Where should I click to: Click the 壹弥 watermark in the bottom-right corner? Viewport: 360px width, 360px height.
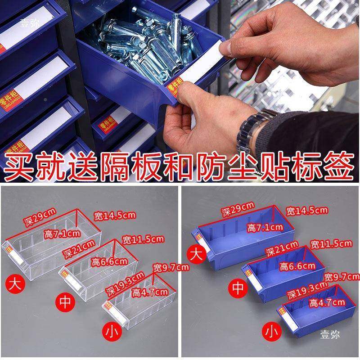[x=330, y=334]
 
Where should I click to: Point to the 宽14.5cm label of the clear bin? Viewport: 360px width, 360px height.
[x=114, y=215]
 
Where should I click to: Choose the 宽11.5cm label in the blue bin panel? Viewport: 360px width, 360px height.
[x=332, y=244]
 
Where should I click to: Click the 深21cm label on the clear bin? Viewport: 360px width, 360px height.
[x=79, y=246]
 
